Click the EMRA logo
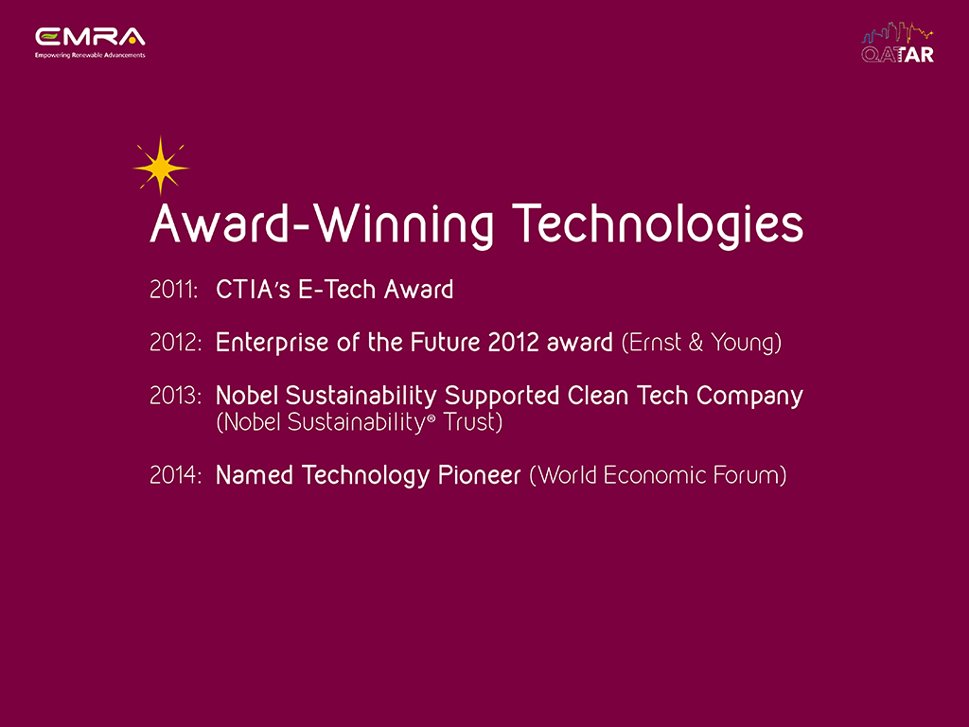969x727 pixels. pyautogui.click(x=90, y=43)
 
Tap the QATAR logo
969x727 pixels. pyautogui.click(x=897, y=44)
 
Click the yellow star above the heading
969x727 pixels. pyautogui.click(x=161, y=167)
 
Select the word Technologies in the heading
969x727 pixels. pyautogui.click(x=658, y=224)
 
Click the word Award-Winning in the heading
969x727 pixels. pyautogui.click(x=322, y=224)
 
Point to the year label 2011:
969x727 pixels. pyautogui.click(x=174, y=290)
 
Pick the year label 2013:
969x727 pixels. pyautogui.click(x=175, y=396)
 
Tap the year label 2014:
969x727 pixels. pyautogui.click(x=175, y=475)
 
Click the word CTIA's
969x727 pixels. pyautogui.click(x=253, y=290)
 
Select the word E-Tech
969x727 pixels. pyautogui.click(x=337, y=290)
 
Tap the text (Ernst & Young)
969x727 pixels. pyautogui.click(x=701, y=343)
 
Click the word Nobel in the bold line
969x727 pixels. pyautogui.click(x=246, y=396)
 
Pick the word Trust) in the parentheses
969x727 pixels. pyautogui.click(x=473, y=422)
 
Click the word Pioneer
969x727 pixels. pyautogui.click(x=480, y=475)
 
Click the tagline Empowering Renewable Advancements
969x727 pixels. pyautogui.click(x=90, y=55)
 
